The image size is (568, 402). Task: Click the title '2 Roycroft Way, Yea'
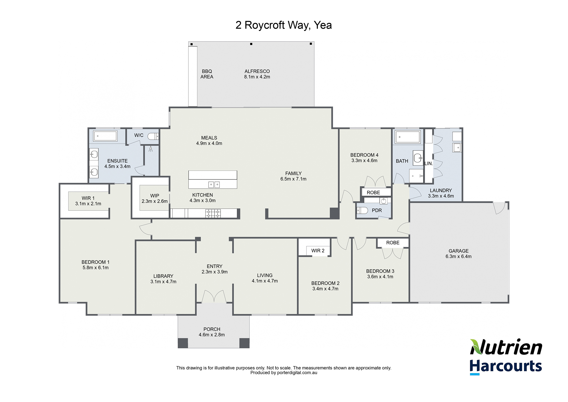click(283, 25)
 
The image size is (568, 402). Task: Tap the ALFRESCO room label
click(257, 71)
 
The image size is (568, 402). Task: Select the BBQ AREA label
click(207, 74)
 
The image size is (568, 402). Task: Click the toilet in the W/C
click(153, 136)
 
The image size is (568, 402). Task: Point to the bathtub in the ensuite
click(105, 136)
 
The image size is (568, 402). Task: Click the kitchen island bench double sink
click(214, 185)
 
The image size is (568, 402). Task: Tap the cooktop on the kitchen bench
click(213, 213)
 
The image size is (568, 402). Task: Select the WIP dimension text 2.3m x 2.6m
click(154, 201)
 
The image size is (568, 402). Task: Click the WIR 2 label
click(318, 251)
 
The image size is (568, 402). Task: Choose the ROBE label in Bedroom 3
click(393, 243)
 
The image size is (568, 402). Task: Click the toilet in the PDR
click(362, 210)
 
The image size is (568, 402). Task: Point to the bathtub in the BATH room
click(408, 137)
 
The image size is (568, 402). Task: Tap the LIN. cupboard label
click(429, 163)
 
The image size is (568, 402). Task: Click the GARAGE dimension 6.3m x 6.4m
click(458, 256)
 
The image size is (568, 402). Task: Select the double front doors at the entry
click(214, 296)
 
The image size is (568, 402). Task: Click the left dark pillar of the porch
click(183, 343)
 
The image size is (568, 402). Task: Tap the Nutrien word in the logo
click(506, 347)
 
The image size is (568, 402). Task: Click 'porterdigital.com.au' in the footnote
click(297, 373)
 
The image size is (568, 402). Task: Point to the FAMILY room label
click(293, 173)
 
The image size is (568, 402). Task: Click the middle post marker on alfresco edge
click(251, 44)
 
